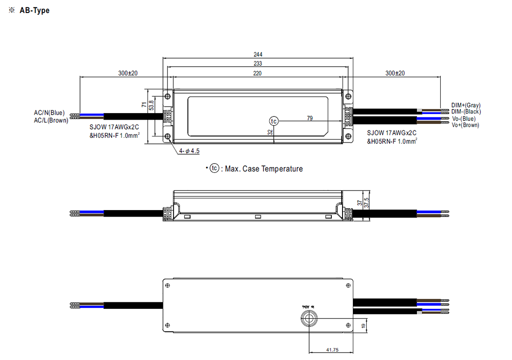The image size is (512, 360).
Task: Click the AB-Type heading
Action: (34, 11)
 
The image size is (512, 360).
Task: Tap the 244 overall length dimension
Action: (257, 54)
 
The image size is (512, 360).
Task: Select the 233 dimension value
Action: (257, 64)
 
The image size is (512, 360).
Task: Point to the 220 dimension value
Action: (257, 73)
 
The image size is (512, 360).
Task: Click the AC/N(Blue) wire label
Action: (49, 113)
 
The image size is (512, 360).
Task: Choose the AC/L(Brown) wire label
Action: (51, 120)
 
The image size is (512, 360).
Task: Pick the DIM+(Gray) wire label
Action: (466, 105)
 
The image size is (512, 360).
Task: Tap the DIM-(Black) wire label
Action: (466, 112)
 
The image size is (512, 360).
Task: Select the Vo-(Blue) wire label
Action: (464, 119)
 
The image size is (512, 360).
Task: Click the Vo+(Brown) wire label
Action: (465, 125)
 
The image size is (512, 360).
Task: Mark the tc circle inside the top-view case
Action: (274, 121)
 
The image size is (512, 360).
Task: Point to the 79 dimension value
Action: (310, 118)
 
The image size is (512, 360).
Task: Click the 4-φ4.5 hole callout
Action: (189, 150)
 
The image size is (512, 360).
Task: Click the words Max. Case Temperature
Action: (263, 169)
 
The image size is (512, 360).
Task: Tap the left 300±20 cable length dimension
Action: (128, 73)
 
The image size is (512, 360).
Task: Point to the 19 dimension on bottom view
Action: (363, 325)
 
